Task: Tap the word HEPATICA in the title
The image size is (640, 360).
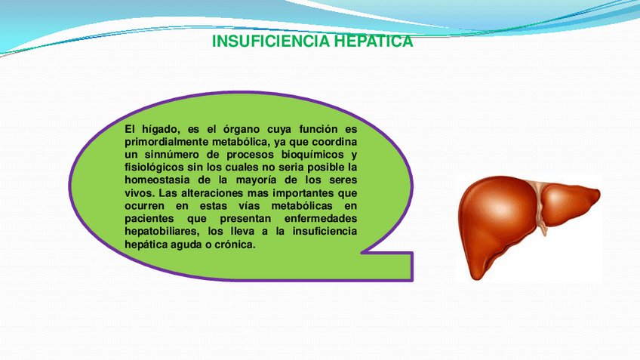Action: point(374,42)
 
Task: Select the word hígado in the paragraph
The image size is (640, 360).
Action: point(162,130)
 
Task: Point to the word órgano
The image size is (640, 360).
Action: point(242,130)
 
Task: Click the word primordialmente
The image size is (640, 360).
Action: point(167,142)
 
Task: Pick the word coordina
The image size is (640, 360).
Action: point(334,142)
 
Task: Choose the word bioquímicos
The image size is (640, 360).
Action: point(312,155)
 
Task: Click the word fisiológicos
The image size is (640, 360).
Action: point(154,168)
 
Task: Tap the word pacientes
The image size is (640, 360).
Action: point(149,219)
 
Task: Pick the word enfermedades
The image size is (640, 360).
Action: point(321,218)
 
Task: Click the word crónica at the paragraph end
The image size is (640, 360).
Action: point(235,245)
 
